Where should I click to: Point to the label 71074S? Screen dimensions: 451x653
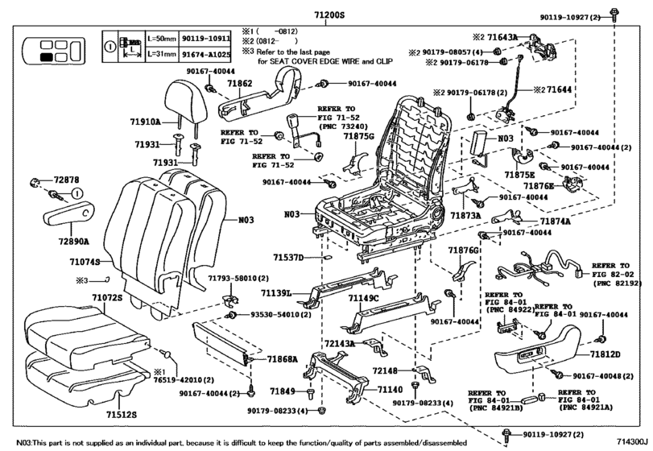pyautogui.click(x=85, y=262)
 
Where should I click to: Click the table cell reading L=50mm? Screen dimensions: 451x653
pyautogui.click(x=163, y=38)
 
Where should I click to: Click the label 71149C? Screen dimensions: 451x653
pyautogui.click(x=363, y=299)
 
